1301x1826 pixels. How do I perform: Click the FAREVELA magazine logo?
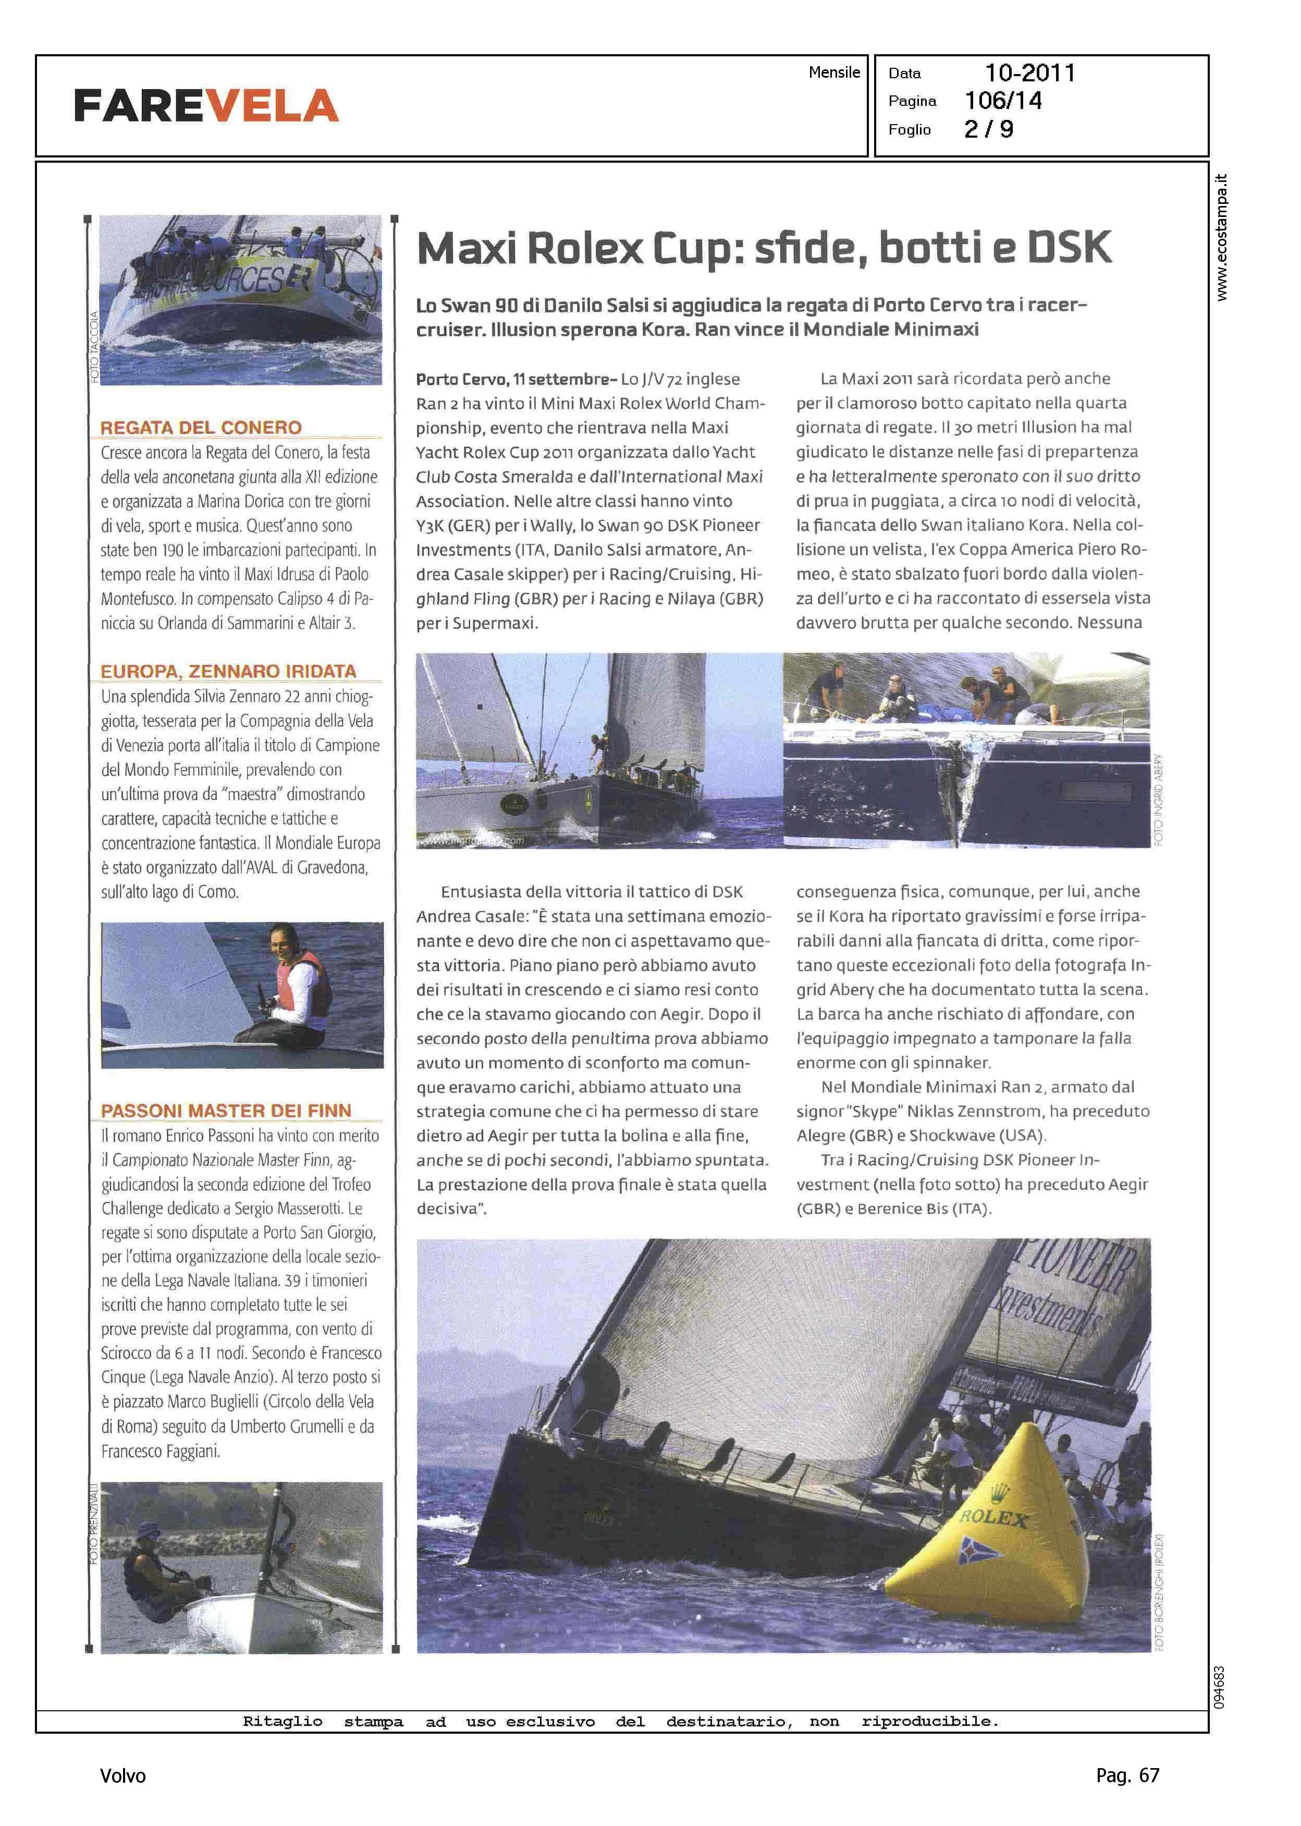click(x=206, y=106)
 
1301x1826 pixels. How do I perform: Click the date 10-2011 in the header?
click(x=1029, y=73)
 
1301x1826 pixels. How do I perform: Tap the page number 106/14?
click(x=1003, y=101)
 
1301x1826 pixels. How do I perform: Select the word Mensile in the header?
click(x=834, y=72)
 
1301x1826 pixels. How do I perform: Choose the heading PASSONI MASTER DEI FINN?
click(x=226, y=1111)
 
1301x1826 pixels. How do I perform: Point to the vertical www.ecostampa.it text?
click(x=1221, y=237)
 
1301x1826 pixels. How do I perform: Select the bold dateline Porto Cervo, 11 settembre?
click(x=516, y=379)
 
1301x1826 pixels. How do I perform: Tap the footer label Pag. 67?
click(x=1127, y=1775)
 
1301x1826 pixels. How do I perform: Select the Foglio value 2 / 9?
click(x=989, y=129)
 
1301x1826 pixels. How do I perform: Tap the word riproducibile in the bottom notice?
click(x=929, y=1721)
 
